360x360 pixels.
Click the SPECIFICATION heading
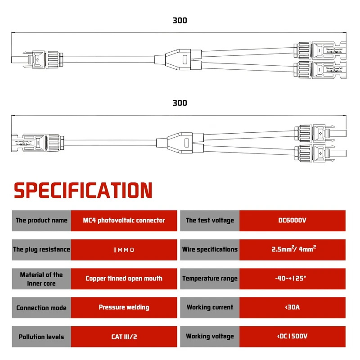pyautogui.click(x=83, y=190)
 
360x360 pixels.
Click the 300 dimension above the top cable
pyautogui.click(x=180, y=20)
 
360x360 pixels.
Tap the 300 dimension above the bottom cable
pyautogui.click(x=180, y=103)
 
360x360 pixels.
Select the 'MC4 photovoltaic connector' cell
pyautogui.click(x=124, y=220)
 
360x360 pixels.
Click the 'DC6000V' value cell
pyautogui.click(x=292, y=220)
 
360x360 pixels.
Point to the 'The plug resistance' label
pyautogui.click(x=41, y=249)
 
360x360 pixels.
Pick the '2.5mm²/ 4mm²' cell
pyautogui.click(x=292, y=249)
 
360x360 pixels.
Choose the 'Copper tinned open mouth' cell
pyautogui.click(x=124, y=279)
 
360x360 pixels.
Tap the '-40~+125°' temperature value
pyautogui.click(x=292, y=279)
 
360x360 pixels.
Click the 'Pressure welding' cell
pyautogui.click(x=124, y=307)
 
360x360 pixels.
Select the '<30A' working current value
pyautogui.click(x=292, y=307)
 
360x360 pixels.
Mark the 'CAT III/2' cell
pyautogui.click(x=124, y=337)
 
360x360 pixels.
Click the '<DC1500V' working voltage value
pyautogui.click(x=292, y=337)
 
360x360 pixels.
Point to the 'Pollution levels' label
pyautogui.click(x=41, y=337)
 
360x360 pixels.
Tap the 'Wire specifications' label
pyautogui.click(x=210, y=249)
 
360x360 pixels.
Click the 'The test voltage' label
pyautogui.click(x=210, y=220)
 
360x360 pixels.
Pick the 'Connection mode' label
pyautogui.click(x=41, y=308)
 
